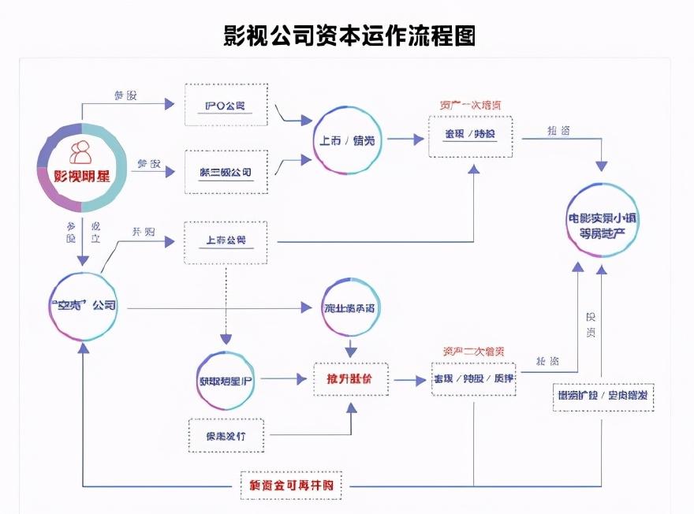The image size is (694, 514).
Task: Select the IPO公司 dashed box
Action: click(226, 104)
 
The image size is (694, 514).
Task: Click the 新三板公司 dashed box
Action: click(226, 171)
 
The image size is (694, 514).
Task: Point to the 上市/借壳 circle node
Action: click(347, 140)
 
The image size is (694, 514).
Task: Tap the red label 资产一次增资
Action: click(470, 105)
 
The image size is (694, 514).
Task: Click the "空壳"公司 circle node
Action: click(83, 305)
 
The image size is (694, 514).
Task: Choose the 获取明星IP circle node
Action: click(226, 380)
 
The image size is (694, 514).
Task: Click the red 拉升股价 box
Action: click(348, 379)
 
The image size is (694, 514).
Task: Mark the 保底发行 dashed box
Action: click(227, 435)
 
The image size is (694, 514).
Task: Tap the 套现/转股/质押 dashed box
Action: click(473, 379)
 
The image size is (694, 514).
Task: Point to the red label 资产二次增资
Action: click(474, 351)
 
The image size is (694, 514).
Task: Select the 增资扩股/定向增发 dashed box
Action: click(603, 397)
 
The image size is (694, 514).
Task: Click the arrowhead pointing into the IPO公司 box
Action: click(168, 104)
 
